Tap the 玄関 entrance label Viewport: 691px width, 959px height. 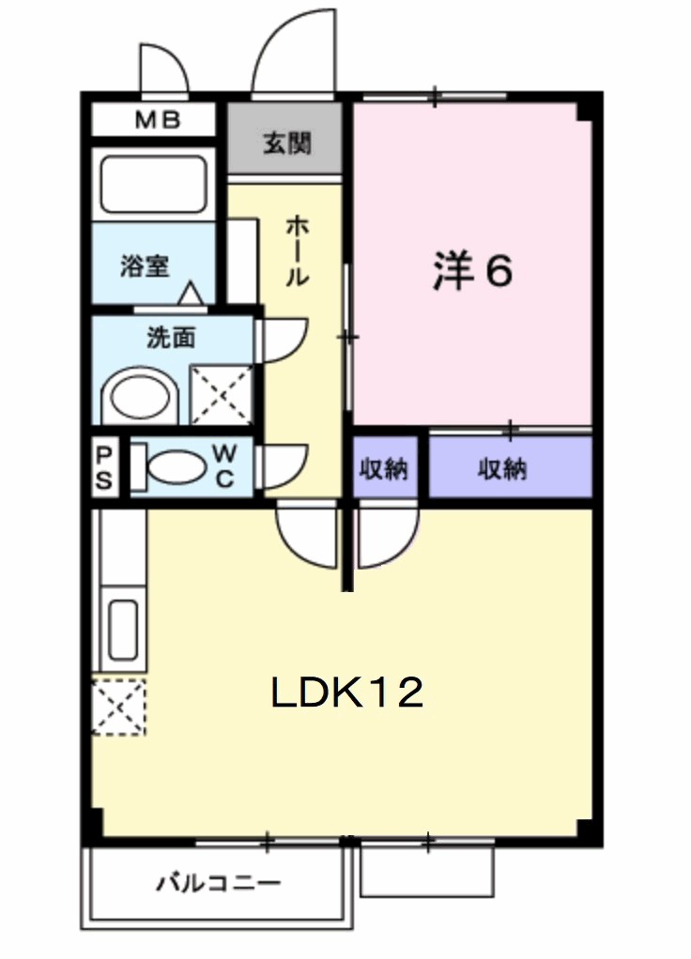(286, 144)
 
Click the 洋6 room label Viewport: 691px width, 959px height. (472, 271)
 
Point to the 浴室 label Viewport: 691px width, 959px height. (145, 266)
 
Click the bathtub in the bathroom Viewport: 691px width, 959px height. (152, 183)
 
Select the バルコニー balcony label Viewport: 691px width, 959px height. (219, 884)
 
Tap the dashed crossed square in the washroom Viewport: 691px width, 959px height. (222, 394)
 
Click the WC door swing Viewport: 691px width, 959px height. (282, 465)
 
